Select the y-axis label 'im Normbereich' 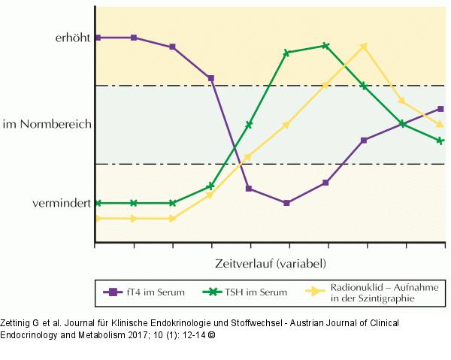[x=47, y=123]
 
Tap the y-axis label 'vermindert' [x=62, y=203]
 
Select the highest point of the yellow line [x=364, y=46]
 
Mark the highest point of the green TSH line [x=325, y=46]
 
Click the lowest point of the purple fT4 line [x=286, y=203]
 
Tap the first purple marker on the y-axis [x=95, y=37]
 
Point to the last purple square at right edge [x=441, y=108]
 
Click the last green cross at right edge [x=441, y=141]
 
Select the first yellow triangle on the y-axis [x=95, y=219]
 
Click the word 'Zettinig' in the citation [x=17, y=322]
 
